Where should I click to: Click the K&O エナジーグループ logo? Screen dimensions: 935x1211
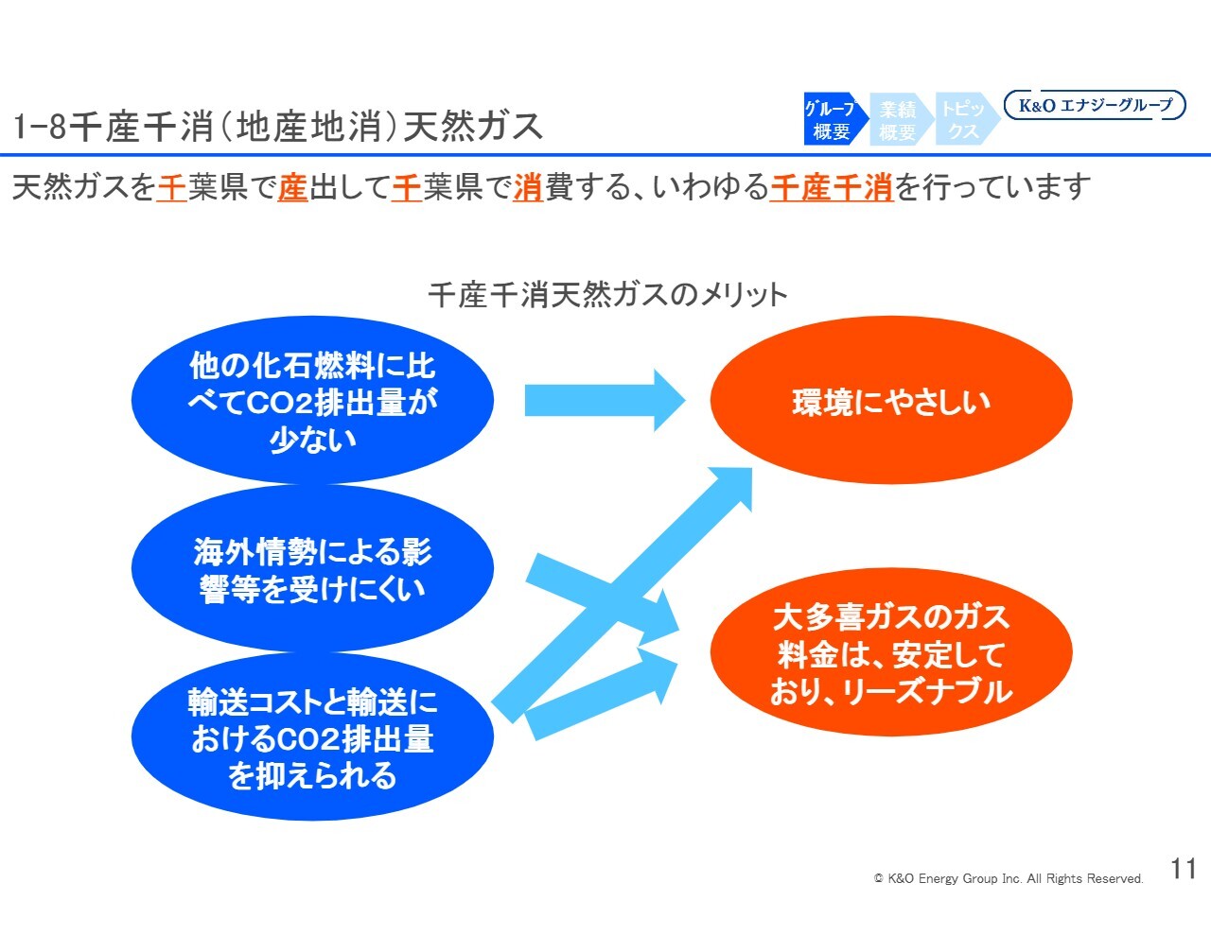1094,105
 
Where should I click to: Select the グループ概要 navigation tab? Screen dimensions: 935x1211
833,120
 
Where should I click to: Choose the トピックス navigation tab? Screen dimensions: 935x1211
962,120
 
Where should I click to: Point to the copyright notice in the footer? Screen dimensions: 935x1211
1008,878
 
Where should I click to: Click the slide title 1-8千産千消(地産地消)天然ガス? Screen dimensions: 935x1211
278,126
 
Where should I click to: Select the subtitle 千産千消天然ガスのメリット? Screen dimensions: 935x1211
607,294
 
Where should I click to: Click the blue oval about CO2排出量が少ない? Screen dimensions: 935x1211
312,401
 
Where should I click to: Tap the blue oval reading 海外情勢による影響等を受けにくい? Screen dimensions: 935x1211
312,569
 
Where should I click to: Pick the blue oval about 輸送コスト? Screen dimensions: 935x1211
312,738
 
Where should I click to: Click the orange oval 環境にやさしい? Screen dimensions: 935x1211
890,401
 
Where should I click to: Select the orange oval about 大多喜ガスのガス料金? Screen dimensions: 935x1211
890,653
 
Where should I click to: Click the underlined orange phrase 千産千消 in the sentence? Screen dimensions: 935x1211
832,187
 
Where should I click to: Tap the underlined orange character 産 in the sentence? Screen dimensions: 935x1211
293,187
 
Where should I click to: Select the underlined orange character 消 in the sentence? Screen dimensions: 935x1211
528,187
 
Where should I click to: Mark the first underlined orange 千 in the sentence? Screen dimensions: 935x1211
171,187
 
